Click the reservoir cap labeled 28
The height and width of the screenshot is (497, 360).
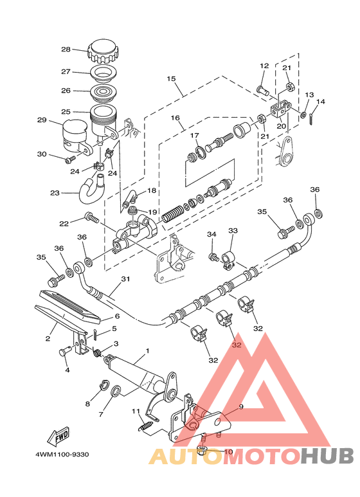[103, 51]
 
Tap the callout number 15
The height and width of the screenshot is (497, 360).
[171, 78]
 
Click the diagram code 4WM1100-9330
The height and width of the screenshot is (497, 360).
[62, 455]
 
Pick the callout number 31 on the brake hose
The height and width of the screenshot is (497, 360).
[125, 279]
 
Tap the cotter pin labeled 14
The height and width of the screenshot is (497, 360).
[312, 119]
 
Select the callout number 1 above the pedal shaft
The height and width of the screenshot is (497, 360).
[147, 351]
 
